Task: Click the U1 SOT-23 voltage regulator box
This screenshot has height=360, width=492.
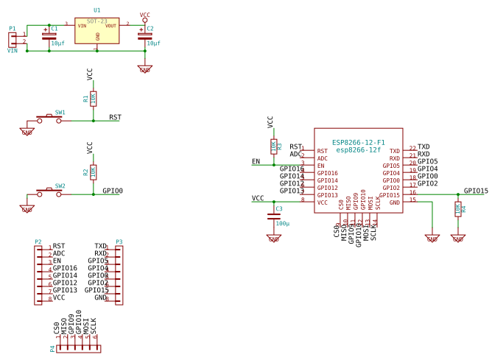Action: [x=96, y=30]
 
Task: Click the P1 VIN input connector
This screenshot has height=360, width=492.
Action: [x=13, y=38]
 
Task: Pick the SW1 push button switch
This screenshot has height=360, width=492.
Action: [x=49, y=119]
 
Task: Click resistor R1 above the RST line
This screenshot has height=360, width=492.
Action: [x=93, y=98]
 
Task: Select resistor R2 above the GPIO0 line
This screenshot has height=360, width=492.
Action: [x=93, y=172]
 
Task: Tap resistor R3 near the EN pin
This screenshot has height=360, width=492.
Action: [x=273, y=146]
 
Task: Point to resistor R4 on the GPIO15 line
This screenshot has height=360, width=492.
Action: [x=457, y=209]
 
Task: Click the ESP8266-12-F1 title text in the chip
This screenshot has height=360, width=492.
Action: [x=358, y=142]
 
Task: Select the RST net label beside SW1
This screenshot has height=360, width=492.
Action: [x=115, y=117]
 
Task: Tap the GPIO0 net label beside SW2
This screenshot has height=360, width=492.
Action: [x=112, y=191]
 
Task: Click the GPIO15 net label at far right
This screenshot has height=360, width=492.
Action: [x=475, y=191]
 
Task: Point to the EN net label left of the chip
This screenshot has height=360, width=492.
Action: [x=256, y=161]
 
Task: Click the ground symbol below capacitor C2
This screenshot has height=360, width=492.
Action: [x=144, y=69]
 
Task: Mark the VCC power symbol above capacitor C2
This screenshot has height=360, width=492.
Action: [x=144, y=15]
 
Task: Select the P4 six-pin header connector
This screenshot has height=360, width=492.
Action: [x=79, y=348]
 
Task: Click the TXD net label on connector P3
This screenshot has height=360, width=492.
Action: [x=101, y=246]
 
